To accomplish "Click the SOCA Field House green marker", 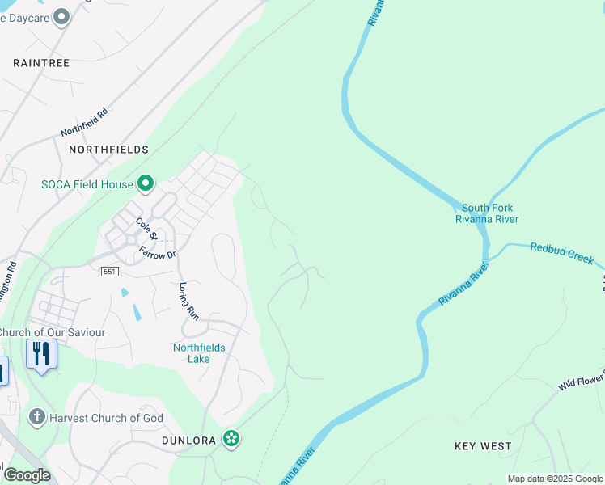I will tap(146, 184).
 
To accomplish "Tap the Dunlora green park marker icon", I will tap(232, 438).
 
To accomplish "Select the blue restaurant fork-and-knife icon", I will tap(41, 354).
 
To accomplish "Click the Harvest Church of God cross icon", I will tap(36, 417).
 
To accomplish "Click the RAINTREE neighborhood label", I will tap(41, 62).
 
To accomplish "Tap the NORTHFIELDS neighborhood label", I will tap(108, 150).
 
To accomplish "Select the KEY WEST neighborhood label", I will tap(483, 446).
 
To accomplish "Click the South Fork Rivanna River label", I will tap(486, 213).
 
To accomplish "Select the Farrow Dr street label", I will tap(157, 253).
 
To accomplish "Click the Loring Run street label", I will tap(188, 298).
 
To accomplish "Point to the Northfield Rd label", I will tap(84, 123).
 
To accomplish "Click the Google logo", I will tap(26, 475).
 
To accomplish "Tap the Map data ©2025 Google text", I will tap(555, 479).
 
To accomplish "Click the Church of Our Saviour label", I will tap(52, 332).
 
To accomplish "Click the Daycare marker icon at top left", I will tap(61, 17).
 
